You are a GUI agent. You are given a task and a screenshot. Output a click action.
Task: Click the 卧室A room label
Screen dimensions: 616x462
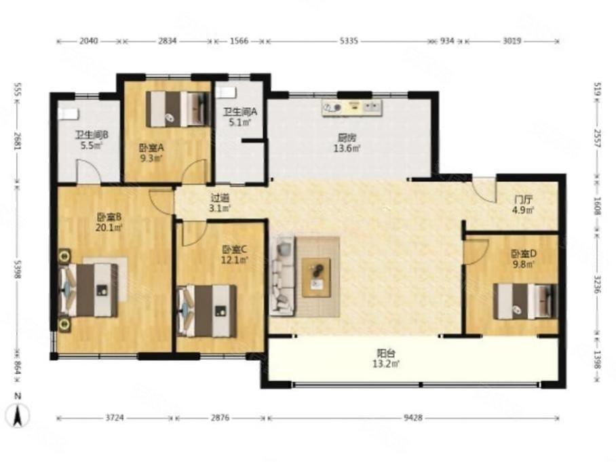tap(151, 148)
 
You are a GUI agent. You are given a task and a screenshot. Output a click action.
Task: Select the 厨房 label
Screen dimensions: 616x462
tap(347, 138)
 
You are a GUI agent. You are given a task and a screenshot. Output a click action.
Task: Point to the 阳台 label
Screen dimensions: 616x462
tap(386, 353)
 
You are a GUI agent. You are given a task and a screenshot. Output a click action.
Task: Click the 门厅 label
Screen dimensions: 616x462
tap(522, 199)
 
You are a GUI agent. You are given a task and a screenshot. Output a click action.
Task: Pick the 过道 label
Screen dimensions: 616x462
tap(220, 198)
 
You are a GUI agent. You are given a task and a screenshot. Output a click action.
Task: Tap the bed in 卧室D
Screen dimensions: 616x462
tap(525, 301)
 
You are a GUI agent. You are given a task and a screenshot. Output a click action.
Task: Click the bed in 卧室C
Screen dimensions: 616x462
tap(207, 311)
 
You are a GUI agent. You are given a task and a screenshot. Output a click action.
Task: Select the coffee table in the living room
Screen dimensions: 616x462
tap(316, 277)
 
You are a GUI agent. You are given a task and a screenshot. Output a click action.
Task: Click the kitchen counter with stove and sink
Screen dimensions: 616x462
tap(351, 108)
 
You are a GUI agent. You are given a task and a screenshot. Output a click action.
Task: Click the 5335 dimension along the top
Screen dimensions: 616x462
tap(349, 41)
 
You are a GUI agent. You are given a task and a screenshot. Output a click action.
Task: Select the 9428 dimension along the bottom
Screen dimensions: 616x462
tap(413, 418)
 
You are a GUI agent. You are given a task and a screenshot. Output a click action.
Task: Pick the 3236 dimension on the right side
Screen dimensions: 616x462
tap(597, 284)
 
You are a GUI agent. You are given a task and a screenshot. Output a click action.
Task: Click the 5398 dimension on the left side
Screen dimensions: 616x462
tap(16, 269)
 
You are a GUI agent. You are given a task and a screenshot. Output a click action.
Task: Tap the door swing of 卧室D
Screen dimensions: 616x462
tap(476, 252)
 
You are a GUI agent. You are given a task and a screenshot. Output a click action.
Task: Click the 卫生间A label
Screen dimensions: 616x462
tap(240, 111)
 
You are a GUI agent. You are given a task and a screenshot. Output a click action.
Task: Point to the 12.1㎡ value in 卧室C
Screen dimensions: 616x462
tap(235, 260)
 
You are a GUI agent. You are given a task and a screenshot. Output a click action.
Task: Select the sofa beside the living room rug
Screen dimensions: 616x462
tap(282, 275)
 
